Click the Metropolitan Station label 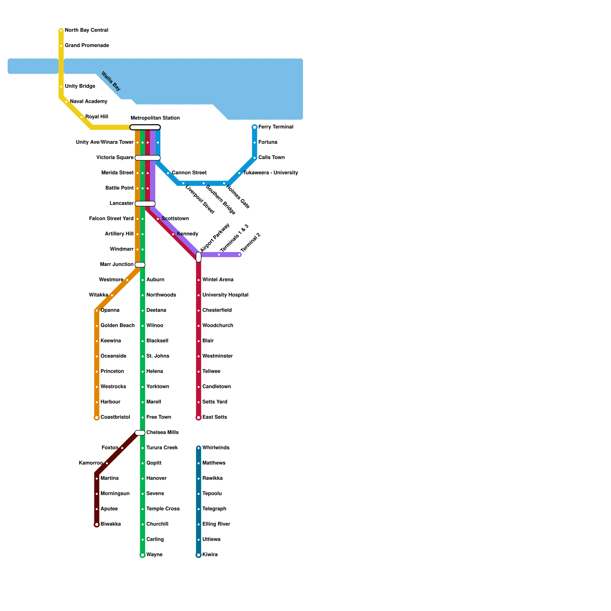[x=155, y=118]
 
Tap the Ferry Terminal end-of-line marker [x=255, y=127]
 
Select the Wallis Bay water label [x=111, y=81]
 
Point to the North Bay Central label [x=86, y=30]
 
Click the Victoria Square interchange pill [x=148, y=158]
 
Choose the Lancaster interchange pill [x=145, y=204]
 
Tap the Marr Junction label [x=116, y=264]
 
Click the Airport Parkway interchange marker [x=199, y=257]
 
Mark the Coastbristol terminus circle [x=97, y=418]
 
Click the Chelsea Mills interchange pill [x=140, y=433]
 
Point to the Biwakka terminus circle [x=97, y=525]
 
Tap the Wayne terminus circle [x=142, y=555]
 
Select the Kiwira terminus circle [x=199, y=555]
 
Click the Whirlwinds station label [x=216, y=448]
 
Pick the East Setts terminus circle [x=199, y=418]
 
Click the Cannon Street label [x=189, y=173]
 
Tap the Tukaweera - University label [x=270, y=173]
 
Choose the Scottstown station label [x=175, y=218]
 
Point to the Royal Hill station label [x=97, y=116]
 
